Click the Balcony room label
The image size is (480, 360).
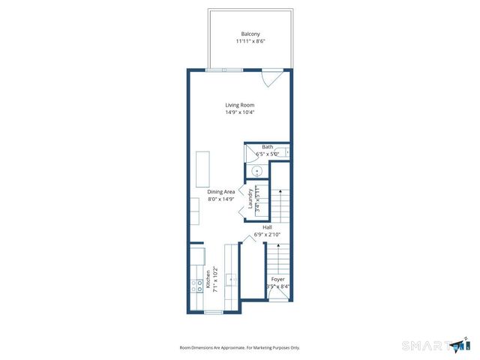tap(250, 34)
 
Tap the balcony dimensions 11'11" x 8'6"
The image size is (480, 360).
tap(250, 41)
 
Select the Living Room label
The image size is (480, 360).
tap(240, 105)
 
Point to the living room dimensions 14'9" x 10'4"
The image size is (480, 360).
tap(240, 112)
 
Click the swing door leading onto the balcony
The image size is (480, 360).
tap(271, 78)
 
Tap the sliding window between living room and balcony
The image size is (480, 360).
tap(225, 70)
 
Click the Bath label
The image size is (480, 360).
tap(267, 147)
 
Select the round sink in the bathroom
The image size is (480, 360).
tap(256, 171)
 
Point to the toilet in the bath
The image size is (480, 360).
tap(287, 153)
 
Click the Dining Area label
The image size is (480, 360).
tap(221, 191)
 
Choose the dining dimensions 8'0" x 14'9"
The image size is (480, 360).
tap(221, 199)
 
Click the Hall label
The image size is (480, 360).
tap(267, 226)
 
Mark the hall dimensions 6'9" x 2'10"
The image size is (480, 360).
tap(267, 234)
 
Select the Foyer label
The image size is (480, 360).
tap(277, 279)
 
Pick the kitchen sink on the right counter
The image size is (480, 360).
tap(232, 280)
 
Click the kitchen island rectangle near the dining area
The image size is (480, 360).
tap(202, 169)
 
